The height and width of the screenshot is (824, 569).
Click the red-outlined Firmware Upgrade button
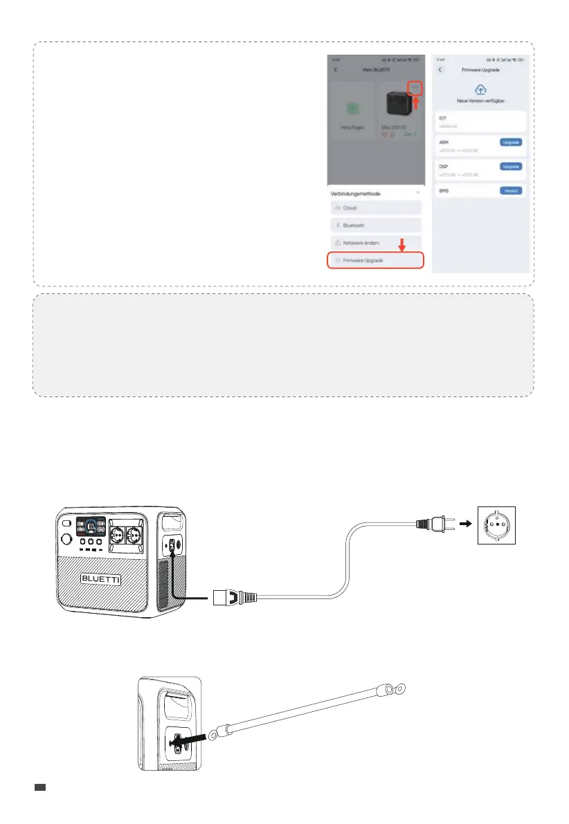375,260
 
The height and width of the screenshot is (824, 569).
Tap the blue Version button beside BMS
511,190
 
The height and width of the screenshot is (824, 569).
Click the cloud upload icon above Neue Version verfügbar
481,90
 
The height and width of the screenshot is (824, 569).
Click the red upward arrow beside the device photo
416,104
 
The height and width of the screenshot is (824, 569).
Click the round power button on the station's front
68,539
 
